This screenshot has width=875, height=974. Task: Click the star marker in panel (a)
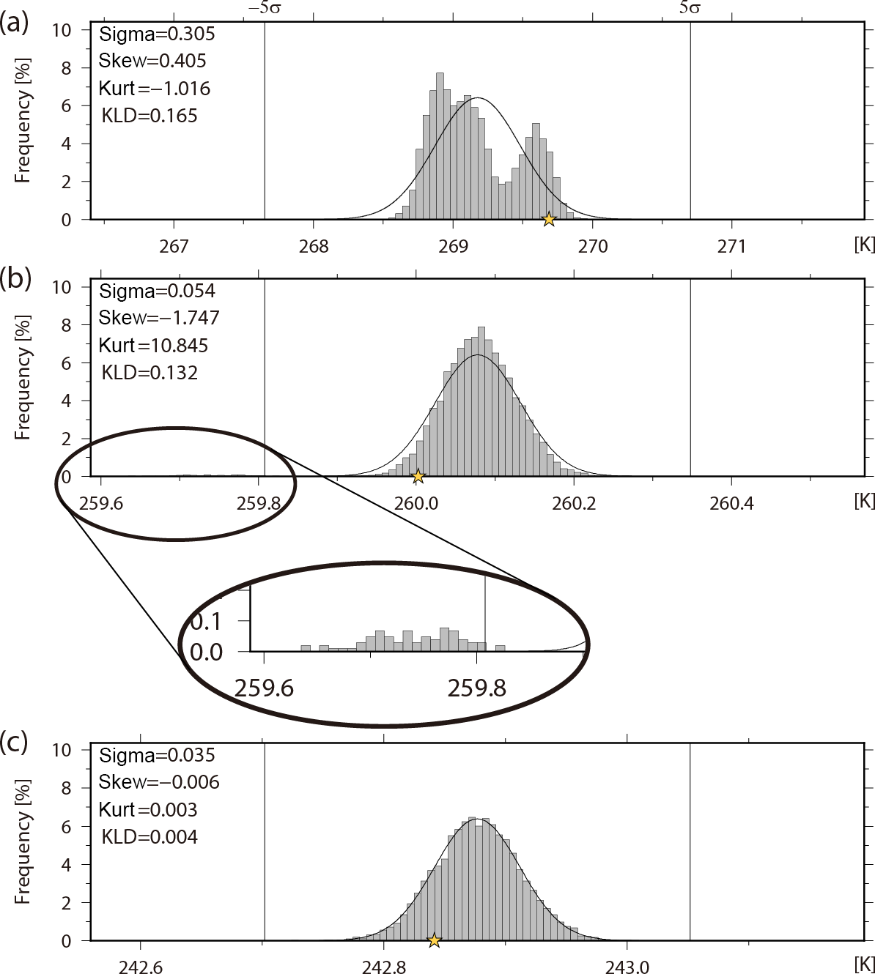pyautogui.click(x=548, y=219)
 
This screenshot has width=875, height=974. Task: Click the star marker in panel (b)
pyautogui.click(x=418, y=477)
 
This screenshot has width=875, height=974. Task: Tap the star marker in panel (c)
pyautogui.click(x=434, y=940)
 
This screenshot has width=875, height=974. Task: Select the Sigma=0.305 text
pyautogui.click(x=157, y=34)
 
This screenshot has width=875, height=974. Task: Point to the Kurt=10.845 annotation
pyautogui.click(x=154, y=345)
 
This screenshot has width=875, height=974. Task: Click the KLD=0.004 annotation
pyautogui.click(x=149, y=836)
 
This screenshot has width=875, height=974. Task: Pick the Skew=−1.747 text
pyautogui.click(x=159, y=318)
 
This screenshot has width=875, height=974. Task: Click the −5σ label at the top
pyautogui.click(x=265, y=8)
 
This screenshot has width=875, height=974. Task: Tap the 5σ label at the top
pyautogui.click(x=690, y=8)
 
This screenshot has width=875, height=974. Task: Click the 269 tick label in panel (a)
pyautogui.click(x=453, y=246)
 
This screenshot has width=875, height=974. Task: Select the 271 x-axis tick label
pyautogui.click(x=731, y=246)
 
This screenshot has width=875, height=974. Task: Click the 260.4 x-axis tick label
pyautogui.click(x=731, y=503)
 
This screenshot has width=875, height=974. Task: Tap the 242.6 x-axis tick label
pyautogui.click(x=140, y=967)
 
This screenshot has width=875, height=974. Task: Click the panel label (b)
pyautogui.click(x=15, y=278)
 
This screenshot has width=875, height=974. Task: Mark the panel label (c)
pyautogui.click(x=15, y=742)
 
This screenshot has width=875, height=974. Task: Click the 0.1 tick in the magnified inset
pyautogui.click(x=206, y=621)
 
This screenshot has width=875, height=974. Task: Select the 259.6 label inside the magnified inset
pyautogui.click(x=264, y=688)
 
